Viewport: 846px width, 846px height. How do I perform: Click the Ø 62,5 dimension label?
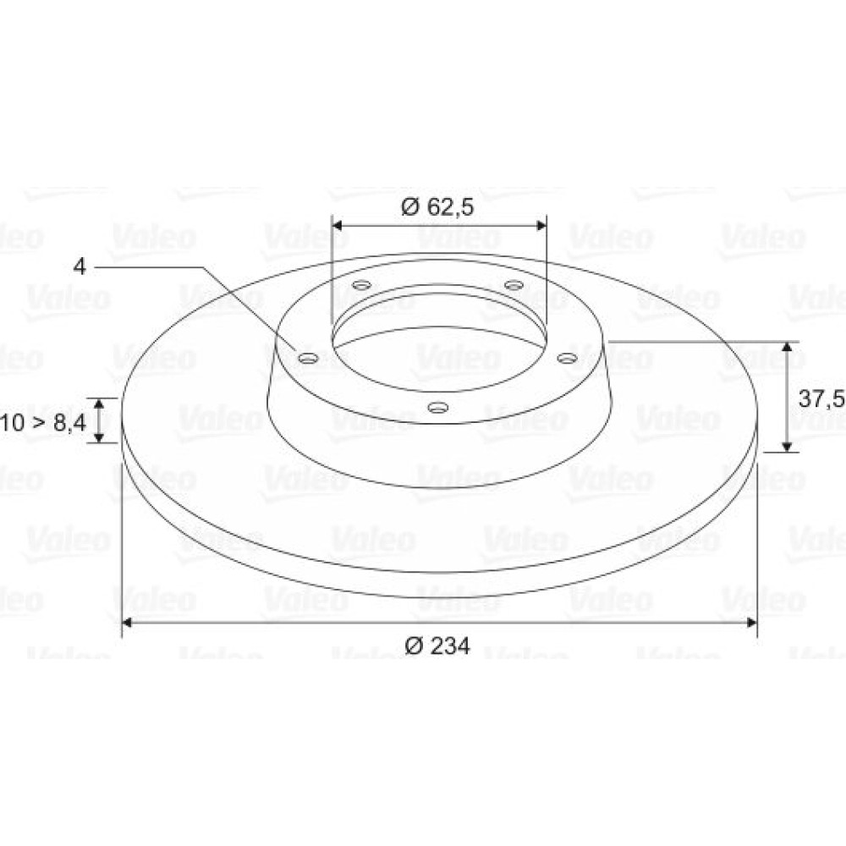click(x=437, y=206)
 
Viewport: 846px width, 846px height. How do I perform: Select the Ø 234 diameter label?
click(x=437, y=645)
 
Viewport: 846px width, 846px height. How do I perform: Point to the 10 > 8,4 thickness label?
click(x=42, y=422)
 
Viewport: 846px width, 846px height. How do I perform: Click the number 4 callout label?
click(x=80, y=266)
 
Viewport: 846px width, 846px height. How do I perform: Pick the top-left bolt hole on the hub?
click(x=361, y=284)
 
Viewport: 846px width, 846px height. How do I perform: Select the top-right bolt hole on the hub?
click(x=514, y=284)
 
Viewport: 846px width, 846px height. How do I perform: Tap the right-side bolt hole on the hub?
click(x=567, y=358)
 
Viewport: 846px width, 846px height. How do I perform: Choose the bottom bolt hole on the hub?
click(x=437, y=407)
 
